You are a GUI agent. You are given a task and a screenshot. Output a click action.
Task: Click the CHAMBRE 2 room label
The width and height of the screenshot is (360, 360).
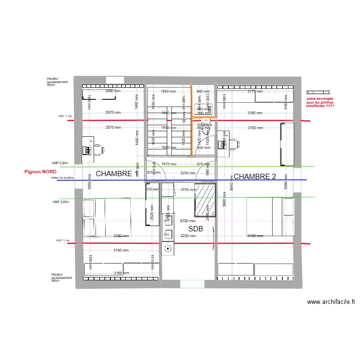tap(254, 176)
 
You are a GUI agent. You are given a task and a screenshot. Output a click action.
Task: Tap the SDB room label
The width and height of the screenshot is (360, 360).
tap(195, 229)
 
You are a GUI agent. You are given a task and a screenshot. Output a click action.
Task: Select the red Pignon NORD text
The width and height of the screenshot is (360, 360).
tap(40, 171)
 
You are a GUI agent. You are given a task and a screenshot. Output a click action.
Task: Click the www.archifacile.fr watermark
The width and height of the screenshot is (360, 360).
tap(331, 302)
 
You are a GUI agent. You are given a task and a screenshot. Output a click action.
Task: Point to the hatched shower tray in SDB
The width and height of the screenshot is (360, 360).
tap(204, 200)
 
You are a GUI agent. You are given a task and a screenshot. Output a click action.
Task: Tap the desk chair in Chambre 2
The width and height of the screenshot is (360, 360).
tap(233, 144)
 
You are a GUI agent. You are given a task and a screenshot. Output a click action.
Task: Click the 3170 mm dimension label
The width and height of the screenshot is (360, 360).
tap(255, 91)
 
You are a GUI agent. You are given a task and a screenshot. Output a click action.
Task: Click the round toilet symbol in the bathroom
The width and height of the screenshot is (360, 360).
tap(168, 248)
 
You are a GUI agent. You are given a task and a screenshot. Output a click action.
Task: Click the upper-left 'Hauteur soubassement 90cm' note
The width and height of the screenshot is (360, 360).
tap(58, 81)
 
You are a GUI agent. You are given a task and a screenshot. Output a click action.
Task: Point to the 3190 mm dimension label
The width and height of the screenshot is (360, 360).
tap(255, 113)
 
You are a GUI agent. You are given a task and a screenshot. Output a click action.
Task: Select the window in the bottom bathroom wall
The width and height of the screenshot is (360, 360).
tap(192, 284)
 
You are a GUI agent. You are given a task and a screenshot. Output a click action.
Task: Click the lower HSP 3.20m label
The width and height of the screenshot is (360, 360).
tap(60, 202)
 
